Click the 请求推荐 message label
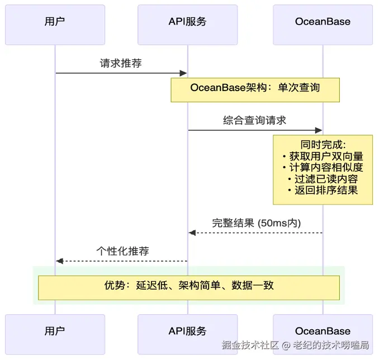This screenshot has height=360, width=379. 121,63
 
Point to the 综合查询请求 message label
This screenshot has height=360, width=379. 255,120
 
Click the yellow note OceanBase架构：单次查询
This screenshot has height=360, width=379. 255,88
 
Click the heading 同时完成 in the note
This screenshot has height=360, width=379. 323,145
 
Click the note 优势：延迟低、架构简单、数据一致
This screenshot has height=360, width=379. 189,286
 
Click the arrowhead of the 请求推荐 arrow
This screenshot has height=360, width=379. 183,73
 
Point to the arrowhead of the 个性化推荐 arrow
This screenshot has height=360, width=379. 59,261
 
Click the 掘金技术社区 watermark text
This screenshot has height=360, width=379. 250,345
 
